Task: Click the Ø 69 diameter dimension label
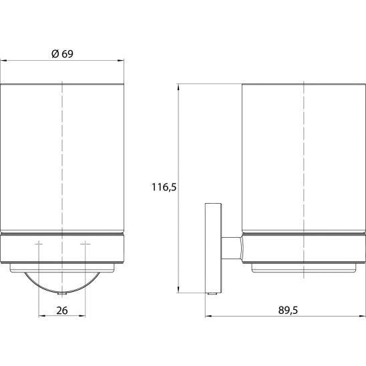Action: [x=62, y=54]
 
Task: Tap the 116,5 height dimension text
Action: [x=164, y=187]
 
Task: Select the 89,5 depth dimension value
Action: [x=288, y=310]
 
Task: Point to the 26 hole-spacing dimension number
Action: [x=62, y=311]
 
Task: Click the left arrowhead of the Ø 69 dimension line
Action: [x=4, y=61]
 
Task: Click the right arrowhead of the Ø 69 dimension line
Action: [x=120, y=61]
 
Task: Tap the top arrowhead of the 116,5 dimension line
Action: [x=178, y=87]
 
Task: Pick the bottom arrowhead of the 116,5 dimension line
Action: [x=178, y=289]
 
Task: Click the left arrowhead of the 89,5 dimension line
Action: [x=208, y=317]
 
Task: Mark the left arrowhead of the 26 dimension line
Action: [x=42, y=316]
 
